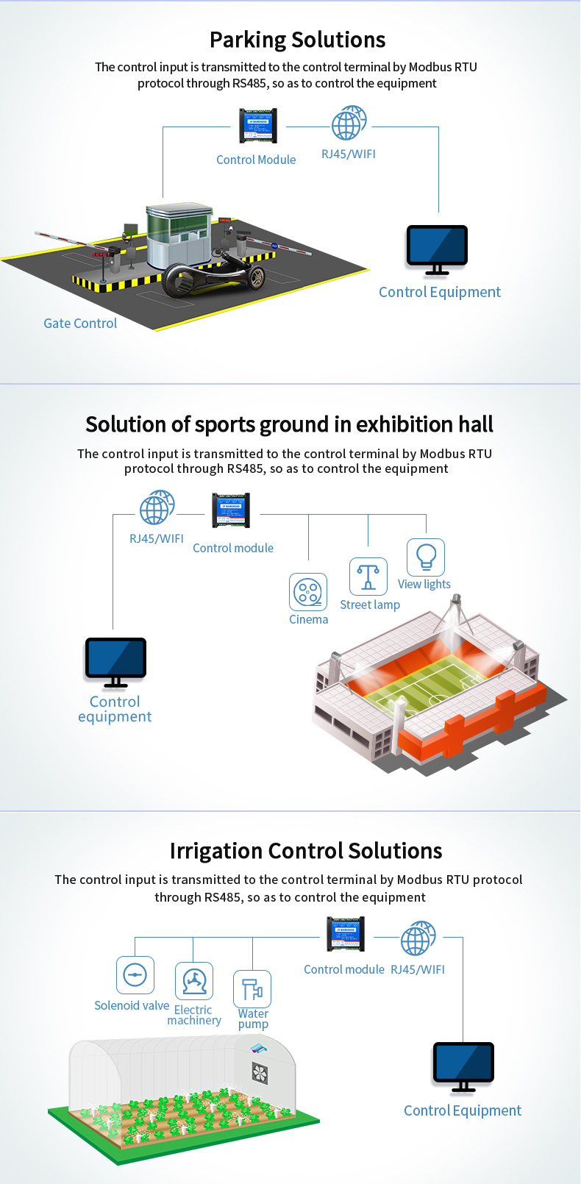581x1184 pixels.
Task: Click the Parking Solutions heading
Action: click(x=298, y=40)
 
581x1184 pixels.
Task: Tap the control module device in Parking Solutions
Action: click(x=258, y=126)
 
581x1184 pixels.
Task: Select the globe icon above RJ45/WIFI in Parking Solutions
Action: click(x=349, y=123)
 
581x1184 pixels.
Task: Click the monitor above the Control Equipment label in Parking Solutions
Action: click(x=437, y=250)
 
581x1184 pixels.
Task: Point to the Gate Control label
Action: click(x=80, y=323)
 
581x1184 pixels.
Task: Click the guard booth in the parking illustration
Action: click(x=179, y=235)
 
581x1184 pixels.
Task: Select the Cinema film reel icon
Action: click(x=308, y=592)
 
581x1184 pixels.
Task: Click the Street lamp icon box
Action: click(x=368, y=576)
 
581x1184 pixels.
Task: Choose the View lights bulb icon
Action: click(x=426, y=557)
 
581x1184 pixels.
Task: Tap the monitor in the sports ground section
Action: click(x=115, y=663)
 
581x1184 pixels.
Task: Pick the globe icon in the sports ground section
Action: click(x=157, y=507)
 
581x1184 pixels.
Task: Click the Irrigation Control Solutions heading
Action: click(x=306, y=851)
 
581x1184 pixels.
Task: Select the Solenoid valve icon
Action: click(x=135, y=974)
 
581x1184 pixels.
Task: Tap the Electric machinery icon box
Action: click(x=194, y=981)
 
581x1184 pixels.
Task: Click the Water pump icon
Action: click(x=252, y=989)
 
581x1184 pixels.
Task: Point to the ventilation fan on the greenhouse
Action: click(x=260, y=1073)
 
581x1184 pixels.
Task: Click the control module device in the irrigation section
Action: click(x=346, y=934)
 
